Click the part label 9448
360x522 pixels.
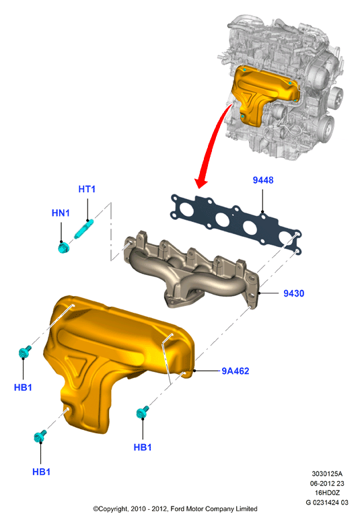pyautogui.click(x=262, y=180)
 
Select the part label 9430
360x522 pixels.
pyautogui.click(x=294, y=293)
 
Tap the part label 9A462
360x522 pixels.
pyautogui.click(x=236, y=371)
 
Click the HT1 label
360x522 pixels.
pyautogui.click(x=87, y=189)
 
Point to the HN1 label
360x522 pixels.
pyautogui.click(x=61, y=213)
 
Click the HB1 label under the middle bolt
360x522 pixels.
pyautogui.click(x=143, y=447)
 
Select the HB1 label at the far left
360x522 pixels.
pyautogui.click(x=23, y=387)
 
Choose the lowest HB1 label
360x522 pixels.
pyautogui.click(x=41, y=472)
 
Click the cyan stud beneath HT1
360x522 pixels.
pyautogui.click(x=83, y=229)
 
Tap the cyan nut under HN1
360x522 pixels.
pyautogui.click(x=63, y=248)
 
